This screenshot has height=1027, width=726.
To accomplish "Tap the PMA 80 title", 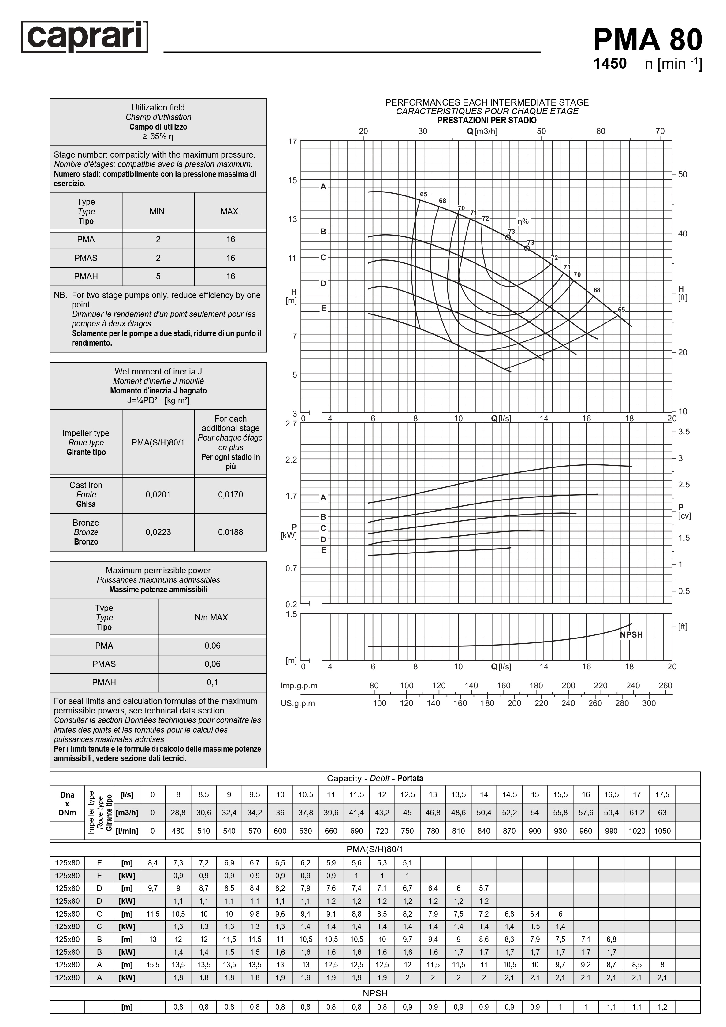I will click(647, 40).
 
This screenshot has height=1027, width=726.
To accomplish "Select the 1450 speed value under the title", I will click(610, 64).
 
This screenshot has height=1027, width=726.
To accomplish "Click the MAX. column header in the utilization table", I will click(230, 212).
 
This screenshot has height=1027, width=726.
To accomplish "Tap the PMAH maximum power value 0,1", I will click(213, 683).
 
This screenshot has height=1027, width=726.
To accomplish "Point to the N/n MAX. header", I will click(213, 618).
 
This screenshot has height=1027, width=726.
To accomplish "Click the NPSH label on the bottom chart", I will click(631, 635).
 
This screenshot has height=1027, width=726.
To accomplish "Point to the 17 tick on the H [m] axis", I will click(292, 142).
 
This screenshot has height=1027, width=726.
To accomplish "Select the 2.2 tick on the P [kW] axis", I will click(291, 460).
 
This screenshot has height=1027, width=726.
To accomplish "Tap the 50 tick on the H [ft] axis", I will click(683, 174).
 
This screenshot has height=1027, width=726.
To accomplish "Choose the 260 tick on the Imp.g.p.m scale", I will click(665, 686).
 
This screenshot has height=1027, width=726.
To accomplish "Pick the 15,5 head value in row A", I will click(153, 965).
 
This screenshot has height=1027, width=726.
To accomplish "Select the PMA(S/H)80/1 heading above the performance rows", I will click(375, 850).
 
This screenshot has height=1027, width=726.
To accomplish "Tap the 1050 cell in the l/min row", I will click(662, 831).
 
